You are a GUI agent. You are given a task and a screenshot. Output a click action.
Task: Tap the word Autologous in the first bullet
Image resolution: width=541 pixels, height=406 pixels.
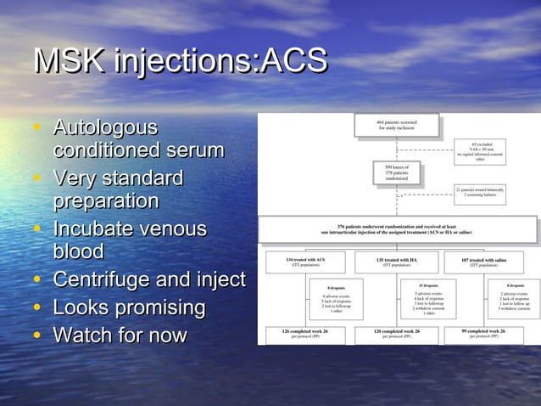pos(105,128)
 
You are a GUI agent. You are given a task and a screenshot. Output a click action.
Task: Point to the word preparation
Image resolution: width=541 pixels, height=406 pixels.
pos(106,201)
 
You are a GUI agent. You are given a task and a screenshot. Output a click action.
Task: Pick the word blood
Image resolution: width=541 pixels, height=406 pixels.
pos(79,252)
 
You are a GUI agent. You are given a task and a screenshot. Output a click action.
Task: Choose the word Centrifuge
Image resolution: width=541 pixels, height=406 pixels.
pos(107,279)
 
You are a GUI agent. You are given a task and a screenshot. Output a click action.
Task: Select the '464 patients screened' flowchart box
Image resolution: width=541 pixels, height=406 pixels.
pos(396,126)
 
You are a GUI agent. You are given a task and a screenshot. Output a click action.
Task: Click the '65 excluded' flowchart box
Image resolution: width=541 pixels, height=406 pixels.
pos(480,150)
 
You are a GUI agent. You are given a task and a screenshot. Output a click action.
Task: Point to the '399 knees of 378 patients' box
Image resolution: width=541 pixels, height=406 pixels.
pos(396,173)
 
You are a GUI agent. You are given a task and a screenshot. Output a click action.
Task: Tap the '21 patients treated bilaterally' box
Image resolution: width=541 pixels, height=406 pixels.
pos(480,192)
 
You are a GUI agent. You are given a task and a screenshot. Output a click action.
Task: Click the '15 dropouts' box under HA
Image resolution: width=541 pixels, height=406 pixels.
pos(429,299)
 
